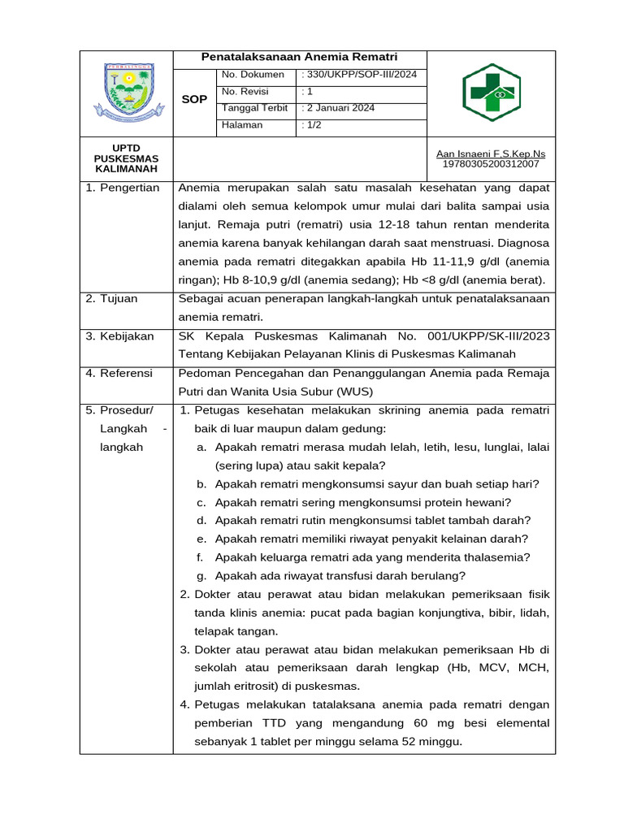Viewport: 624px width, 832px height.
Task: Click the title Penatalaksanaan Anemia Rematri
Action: coord(300,58)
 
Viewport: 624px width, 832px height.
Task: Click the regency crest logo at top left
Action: coord(126,91)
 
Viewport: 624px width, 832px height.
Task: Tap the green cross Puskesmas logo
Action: coord(492,93)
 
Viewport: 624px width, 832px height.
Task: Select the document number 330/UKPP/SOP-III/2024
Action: coord(359,75)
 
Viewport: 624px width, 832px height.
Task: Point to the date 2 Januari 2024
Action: coord(338,108)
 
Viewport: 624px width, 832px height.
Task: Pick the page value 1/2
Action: coord(311,125)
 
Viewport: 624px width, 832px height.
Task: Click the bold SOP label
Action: coord(194,99)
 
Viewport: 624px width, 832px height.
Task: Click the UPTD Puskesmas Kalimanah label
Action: coord(126,158)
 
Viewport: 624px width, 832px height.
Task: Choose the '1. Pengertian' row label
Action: coord(123,188)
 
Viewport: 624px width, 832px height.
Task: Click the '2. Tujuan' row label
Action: coord(112,298)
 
